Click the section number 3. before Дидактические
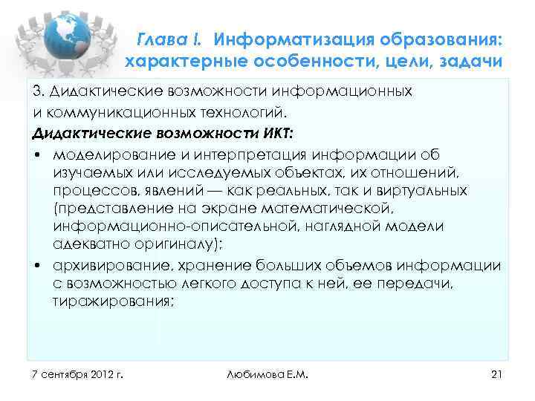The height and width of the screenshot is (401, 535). pos(38,90)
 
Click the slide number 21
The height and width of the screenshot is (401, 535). pos(497,371)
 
